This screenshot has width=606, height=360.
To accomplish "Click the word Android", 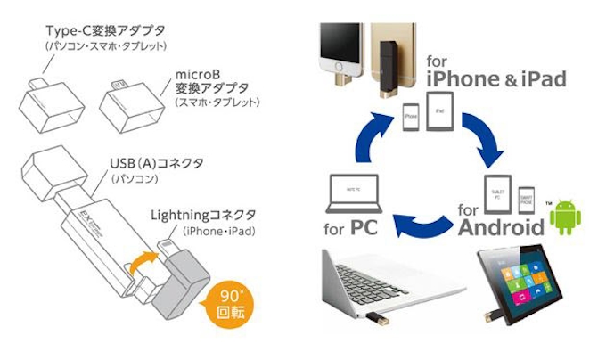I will coord(501,225).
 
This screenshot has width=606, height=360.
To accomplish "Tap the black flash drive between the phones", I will coord(389,53).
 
